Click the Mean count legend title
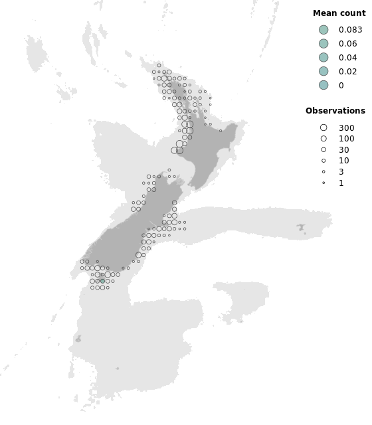pos(339,13)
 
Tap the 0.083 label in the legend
pos(350,30)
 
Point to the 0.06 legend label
pos(347,44)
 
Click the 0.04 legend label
pos(347,58)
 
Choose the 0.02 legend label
pos(347,71)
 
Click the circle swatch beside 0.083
pos(324,30)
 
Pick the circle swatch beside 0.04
pos(324,58)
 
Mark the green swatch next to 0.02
pos(324,71)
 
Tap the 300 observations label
pos(346,128)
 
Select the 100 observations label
pos(346,139)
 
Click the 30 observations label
pos(343,150)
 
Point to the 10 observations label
pos(343,161)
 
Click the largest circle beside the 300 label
pos(324,128)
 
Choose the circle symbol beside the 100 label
pos(324,139)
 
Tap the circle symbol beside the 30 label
pos(324,150)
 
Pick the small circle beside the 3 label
pos(324,171)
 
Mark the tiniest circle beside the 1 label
pos(324,183)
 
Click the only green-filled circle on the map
pos(102,282)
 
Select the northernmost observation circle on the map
pos(159,65)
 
